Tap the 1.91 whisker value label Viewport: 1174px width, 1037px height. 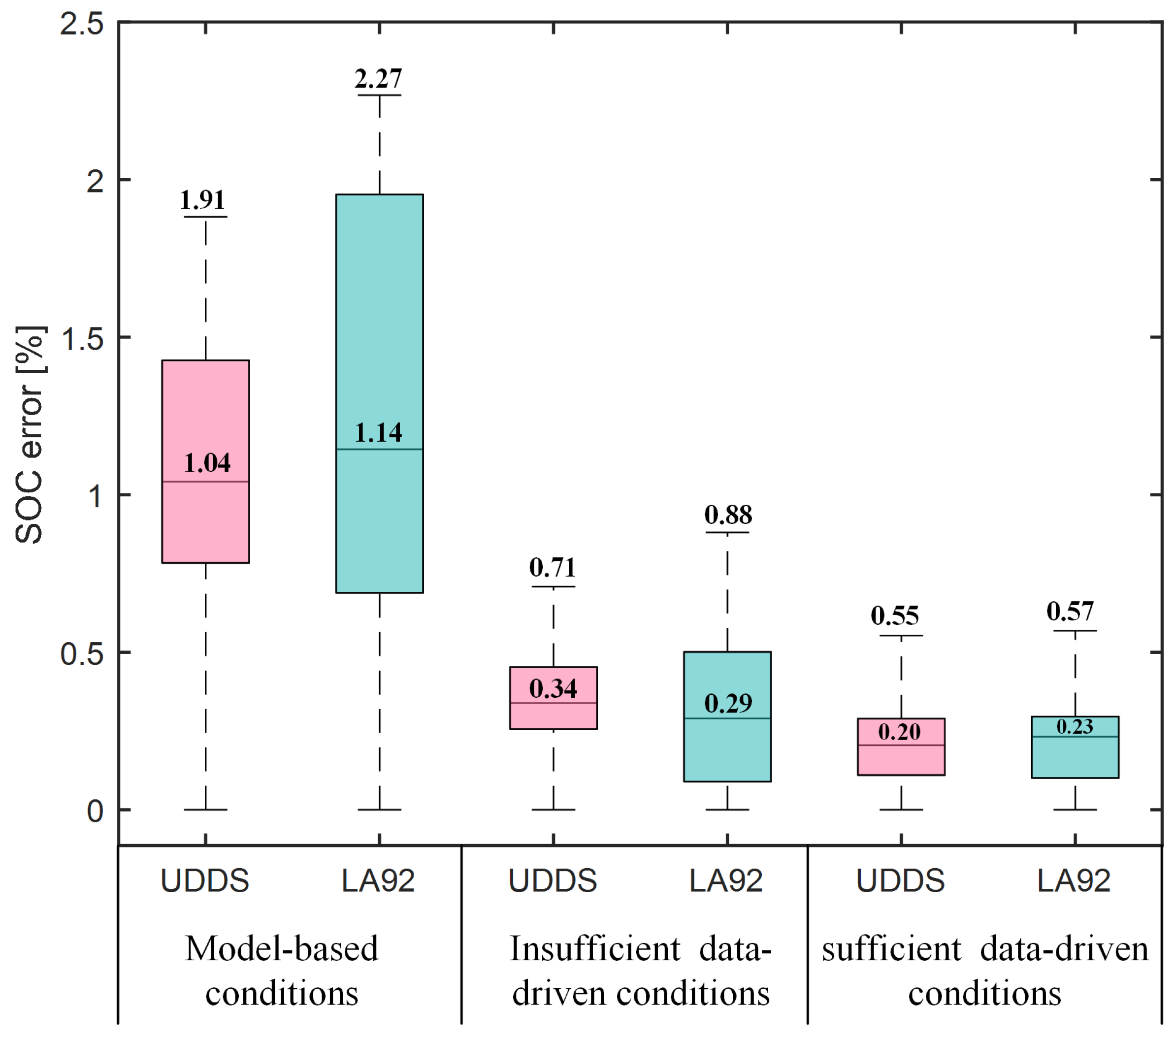(202, 200)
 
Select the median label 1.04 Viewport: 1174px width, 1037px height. (207, 463)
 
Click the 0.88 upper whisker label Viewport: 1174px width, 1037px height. (728, 515)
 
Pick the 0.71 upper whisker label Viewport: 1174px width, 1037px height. (552, 568)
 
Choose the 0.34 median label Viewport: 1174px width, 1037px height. (553, 688)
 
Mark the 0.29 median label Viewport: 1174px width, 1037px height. (728, 703)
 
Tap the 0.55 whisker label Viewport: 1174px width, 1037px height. (894, 616)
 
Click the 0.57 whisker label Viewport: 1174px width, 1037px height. (1070, 612)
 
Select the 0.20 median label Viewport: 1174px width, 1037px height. (899, 732)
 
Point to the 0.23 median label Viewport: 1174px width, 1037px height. (1074, 727)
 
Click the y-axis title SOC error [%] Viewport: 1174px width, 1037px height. (29, 435)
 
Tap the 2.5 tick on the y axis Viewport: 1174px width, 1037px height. (82, 24)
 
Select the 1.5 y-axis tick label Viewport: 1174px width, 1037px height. (82, 339)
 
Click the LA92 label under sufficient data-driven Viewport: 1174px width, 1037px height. (1074, 881)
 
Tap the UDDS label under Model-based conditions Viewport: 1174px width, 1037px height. (204, 881)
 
